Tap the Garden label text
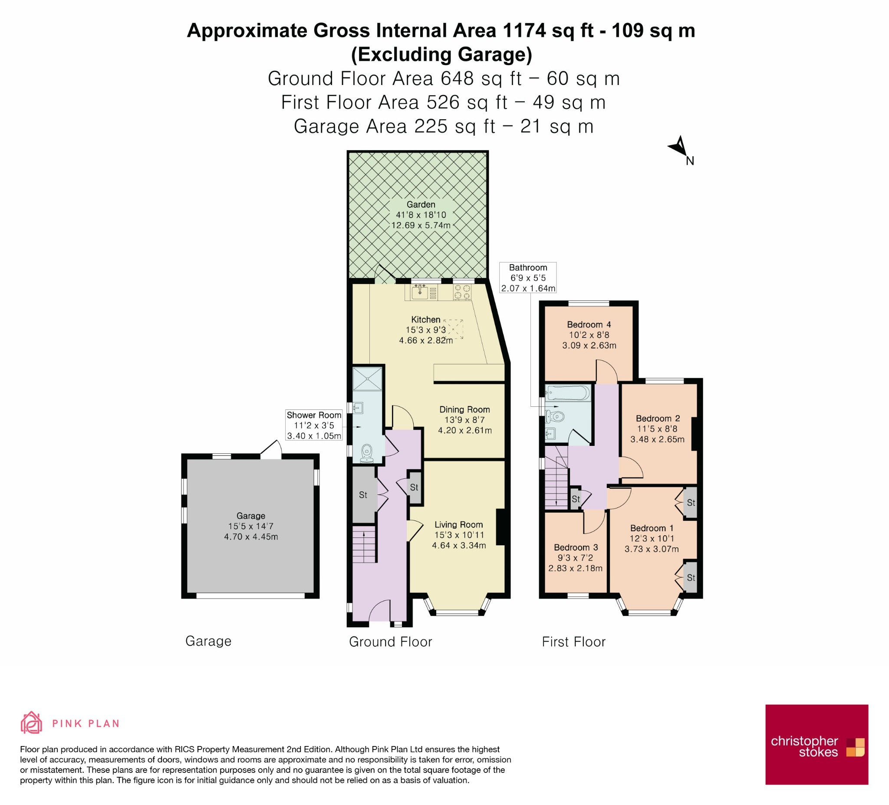pos(421,204)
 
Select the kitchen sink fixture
pos(419,292)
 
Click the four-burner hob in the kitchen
pos(462,292)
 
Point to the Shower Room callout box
pos(314,425)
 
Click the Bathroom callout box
pos(528,278)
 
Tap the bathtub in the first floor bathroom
pos(568,393)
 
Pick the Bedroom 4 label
pos(589,324)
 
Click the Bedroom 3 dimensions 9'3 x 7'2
pos(575,558)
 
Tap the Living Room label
pos(459,524)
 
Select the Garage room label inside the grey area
pos(251,516)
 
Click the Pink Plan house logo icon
pos(31,723)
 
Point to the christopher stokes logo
pos(817,745)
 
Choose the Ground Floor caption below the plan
pos(390,641)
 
